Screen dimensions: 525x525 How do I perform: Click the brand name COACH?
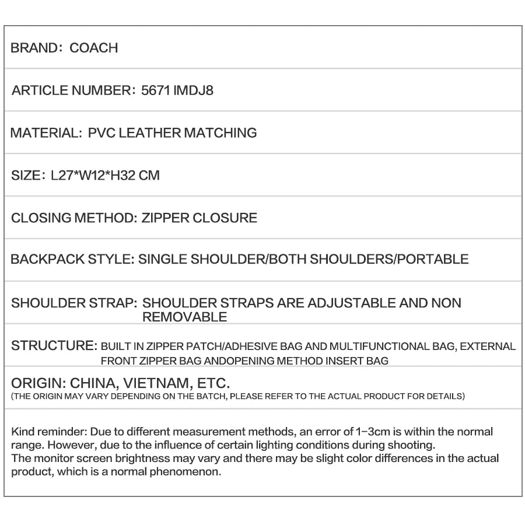pyautogui.click(x=93, y=48)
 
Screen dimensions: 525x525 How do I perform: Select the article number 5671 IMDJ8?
pyautogui.click(x=177, y=90)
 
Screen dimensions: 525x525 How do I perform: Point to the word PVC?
pyautogui.click(x=101, y=133)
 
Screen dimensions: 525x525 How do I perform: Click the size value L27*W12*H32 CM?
pyautogui.click(x=105, y=175)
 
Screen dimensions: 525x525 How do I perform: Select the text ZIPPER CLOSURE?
pyautogui.click(x=199, y=218)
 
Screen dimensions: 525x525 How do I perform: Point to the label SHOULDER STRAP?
pyautogui.click(x=74, y=303)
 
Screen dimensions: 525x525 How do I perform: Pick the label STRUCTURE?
pyautogui.click(x=54, y=345)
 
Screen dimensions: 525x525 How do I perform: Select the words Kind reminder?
pyautogui.click(x=48, y=432)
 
